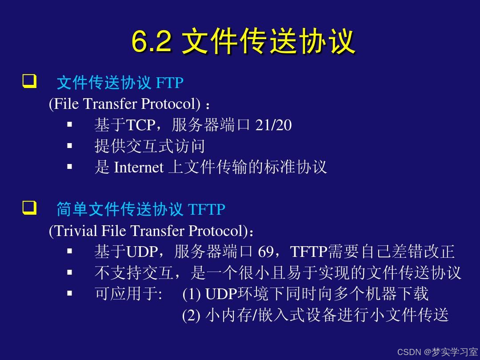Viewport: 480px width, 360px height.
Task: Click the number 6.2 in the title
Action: [152, 41]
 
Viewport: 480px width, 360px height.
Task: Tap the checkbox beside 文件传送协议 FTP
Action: [29, 81]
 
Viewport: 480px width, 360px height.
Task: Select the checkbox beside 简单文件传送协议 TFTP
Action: [29, 208]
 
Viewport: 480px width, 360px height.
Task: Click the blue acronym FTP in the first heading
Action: [170, 83]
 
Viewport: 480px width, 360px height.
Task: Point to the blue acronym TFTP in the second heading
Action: [207, 209]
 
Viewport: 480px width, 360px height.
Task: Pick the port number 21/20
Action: [273, 125]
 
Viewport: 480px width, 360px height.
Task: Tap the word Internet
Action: [138, 167]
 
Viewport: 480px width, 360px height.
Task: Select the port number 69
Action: [266, 251]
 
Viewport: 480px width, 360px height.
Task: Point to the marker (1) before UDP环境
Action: [191, 294]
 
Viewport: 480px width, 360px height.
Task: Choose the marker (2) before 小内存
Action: [191, 315]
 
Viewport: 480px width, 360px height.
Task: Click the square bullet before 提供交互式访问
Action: [70, 146]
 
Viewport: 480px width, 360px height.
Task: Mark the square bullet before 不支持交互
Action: [70, 272]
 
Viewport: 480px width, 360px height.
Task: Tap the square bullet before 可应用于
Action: [70, 293]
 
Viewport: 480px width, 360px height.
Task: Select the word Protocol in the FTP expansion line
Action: [171, 104]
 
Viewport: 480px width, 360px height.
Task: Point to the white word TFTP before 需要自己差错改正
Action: [308, 251]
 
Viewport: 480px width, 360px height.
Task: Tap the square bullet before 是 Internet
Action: [70, 167]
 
